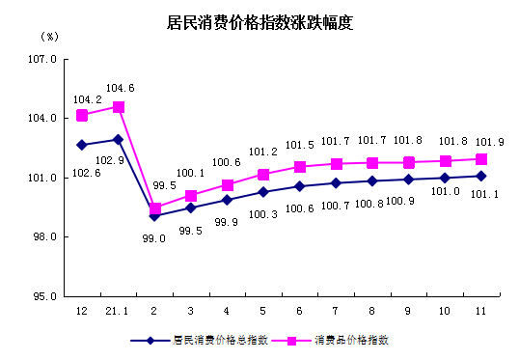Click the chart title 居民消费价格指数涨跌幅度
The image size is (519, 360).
(259, 23)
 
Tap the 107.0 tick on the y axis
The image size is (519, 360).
(46, 59)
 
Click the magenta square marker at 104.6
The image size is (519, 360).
(118, 107)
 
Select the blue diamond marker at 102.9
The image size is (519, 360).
(118, 140)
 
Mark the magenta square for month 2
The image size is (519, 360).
(154, 208)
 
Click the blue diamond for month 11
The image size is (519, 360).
(480, 176)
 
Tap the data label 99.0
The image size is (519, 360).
(154, 237)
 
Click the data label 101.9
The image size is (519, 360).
(481, 141)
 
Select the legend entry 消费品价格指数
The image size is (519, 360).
(352, 341)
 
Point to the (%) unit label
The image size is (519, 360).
(50, 36)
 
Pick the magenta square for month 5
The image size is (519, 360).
(262, 175)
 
